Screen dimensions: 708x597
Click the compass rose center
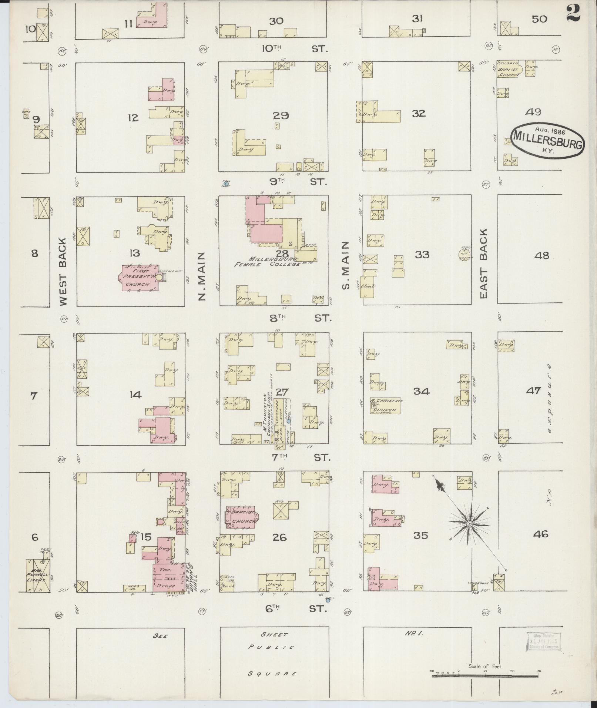point(469,524)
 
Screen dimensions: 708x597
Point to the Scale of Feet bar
point(485,675)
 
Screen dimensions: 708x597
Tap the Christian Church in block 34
point(385,406)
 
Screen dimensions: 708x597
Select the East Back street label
point(484,264)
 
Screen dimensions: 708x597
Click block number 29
point(281,116)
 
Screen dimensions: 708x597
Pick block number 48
point(542,255)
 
